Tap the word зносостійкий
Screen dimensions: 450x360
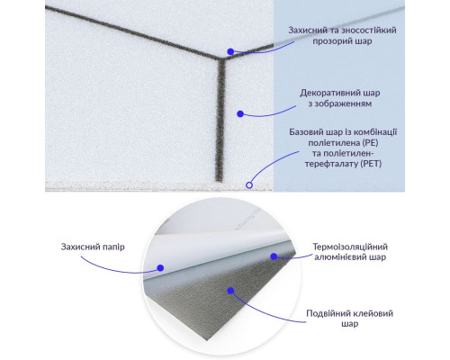point(369,31)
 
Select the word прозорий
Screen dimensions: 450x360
point(332,41)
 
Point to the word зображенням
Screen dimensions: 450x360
point(344,103)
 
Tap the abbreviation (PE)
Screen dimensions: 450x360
point(370,143)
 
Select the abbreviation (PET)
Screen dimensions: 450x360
point(371,164)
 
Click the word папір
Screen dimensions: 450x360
point(113,247)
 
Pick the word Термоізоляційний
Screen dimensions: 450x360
point(350,247)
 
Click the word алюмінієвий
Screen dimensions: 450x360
point(336,257)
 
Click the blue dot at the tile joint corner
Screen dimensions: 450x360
point(230,51)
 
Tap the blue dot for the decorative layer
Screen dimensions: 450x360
point(240,114)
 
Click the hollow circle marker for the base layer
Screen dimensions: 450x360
point(249,185)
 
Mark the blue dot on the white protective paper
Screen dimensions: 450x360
point(160,268)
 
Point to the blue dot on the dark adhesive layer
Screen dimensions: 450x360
point(230,291)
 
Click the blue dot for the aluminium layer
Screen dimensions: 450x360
point(274,256)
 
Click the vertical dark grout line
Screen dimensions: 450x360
point(220,120)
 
